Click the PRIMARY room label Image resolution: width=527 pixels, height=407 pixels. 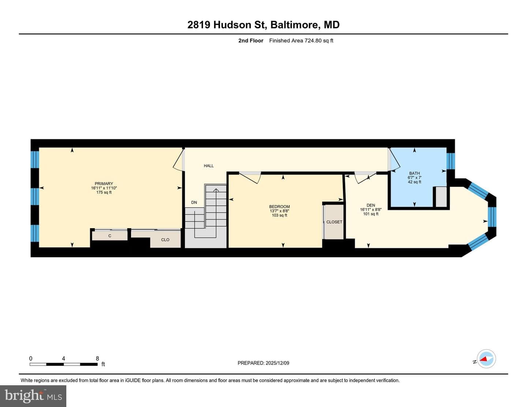(104, 184)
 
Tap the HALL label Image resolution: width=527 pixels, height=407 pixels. (209, 166)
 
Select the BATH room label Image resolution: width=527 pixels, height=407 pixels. (415, 173)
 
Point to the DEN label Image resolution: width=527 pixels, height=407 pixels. (371, 205)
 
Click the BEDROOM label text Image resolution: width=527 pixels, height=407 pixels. (279, 207)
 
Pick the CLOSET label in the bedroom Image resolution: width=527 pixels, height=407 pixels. (334, 222)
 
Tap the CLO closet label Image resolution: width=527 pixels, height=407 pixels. (165, 240)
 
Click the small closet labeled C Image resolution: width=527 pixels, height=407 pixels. (110, 236)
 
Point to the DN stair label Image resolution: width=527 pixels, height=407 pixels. (194, 202)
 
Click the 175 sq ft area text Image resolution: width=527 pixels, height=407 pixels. (104, 192)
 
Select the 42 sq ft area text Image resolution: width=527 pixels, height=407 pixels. (415, 182)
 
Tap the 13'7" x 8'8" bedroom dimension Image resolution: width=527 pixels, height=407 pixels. (279, 211)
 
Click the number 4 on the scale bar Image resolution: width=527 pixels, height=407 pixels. (64, 358)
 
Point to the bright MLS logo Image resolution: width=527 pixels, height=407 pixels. (33, 396)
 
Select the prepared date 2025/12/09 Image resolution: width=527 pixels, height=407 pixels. (277, 363)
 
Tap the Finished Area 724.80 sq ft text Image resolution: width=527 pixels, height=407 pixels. (301, 41)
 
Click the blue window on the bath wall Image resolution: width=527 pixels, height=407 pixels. (451, 161)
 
